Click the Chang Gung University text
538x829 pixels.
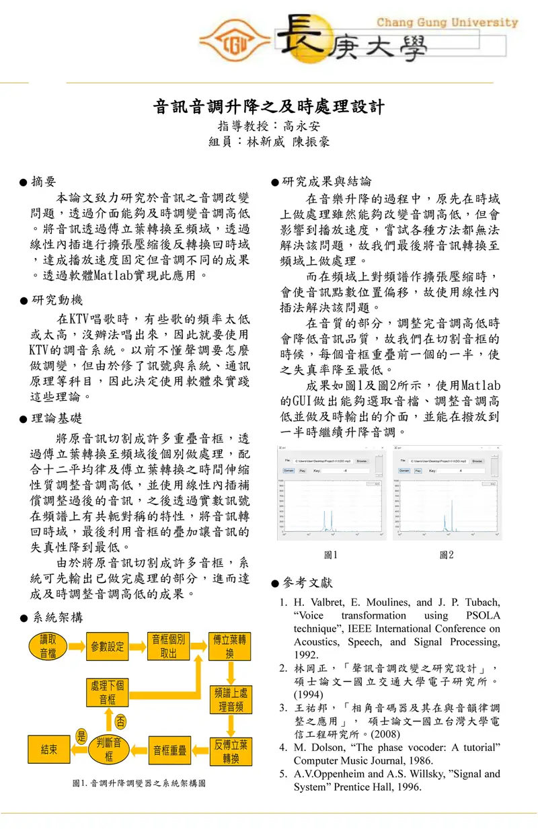tap(447, 22)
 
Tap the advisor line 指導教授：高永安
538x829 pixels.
tap(268, 126)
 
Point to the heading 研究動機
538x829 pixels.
tap(56, 300)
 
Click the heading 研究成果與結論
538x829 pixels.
tap(325, 182)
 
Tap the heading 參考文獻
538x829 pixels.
tap(307, 582)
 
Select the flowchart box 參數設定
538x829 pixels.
tap(108, 646)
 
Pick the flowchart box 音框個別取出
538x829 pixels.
tap(168, 645)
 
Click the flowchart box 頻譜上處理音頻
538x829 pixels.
tap(231, 699)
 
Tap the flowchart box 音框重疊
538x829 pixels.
tap(169, 750)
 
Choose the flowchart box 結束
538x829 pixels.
tap(48, 750)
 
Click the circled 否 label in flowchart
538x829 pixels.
tap(120, 721)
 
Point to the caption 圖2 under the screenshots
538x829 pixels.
tap(446, 555)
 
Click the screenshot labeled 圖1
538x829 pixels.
tap(330, 493)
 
